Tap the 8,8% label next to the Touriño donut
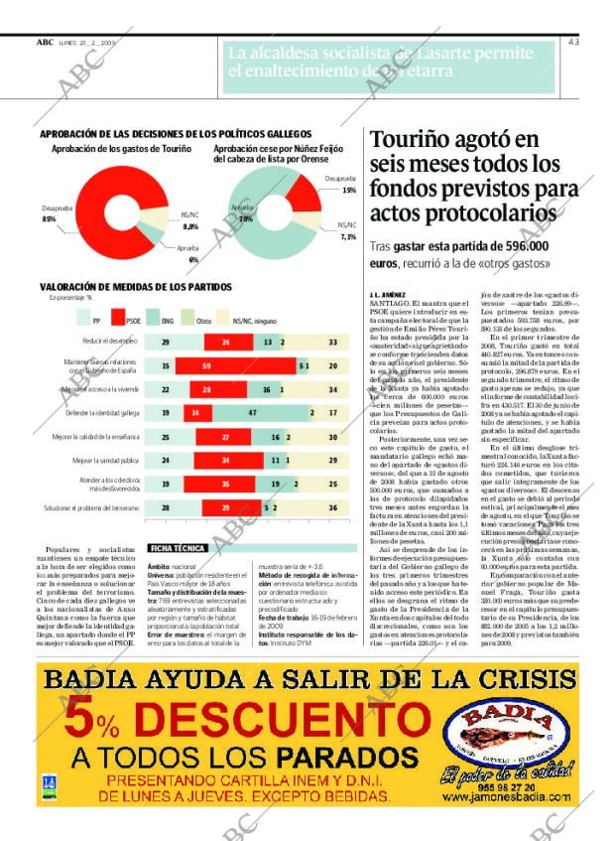[190, 226]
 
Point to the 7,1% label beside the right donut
[347, 237]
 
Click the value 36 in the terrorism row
[331, 507]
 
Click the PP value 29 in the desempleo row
[165, 342]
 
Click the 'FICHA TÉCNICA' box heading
[178, 547]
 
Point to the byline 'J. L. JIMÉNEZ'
[387, 294]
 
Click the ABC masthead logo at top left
[45, 42]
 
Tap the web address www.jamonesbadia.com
[507, 797]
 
